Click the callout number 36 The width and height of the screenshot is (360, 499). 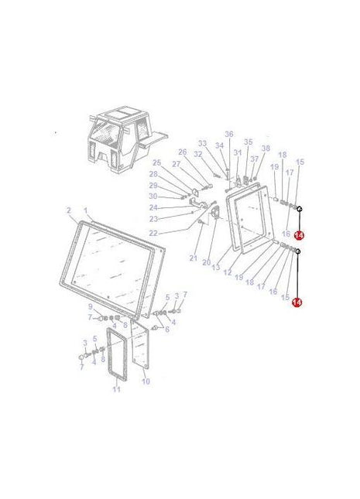(228, 134)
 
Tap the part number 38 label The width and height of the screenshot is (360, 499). (266, 148)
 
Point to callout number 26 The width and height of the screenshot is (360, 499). (183, 152)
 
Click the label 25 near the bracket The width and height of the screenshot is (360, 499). (156, 162)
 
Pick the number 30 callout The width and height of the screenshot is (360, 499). (153, 197)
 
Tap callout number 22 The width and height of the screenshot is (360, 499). (153, 233)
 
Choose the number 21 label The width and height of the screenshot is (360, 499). (194, 257)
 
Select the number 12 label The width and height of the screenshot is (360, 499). (227, 272)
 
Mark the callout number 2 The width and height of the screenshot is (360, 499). (68, 210)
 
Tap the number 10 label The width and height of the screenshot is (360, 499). (146, 381)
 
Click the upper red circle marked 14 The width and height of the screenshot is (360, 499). (299, 235)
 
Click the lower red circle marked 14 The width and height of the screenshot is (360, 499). (297, 303)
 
